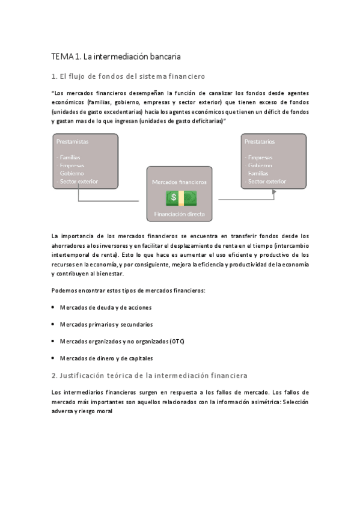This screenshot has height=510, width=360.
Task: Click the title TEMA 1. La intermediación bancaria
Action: click(x=116, y=57)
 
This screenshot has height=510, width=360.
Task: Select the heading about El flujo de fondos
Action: click(x=128, y=77)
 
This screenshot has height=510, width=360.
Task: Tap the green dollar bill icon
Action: click(x=181, y=198)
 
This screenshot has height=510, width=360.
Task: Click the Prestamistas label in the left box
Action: click(x=72, y=141)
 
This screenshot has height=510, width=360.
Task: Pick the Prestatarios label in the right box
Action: click(x=260, y=141)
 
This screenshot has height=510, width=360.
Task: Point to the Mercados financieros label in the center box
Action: click(x=179, y=181)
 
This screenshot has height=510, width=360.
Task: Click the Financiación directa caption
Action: click(x=179, y=214)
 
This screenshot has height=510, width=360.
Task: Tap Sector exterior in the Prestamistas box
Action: click(x=78, y=181)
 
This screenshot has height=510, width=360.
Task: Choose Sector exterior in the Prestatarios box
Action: click(x=267, y=181)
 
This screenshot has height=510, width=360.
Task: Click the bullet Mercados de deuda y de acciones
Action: click(x=105, y=307)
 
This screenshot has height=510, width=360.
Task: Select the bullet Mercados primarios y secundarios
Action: click(x=106, y=324)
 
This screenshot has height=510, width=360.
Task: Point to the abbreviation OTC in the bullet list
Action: click(x=177, y=341)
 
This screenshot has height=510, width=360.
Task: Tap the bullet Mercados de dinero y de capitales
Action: click(x=106, y=358)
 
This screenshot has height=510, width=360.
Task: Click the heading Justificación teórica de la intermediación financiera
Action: click(x=149, y=375)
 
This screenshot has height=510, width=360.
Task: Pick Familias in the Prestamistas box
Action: click(x=71, y=158)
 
